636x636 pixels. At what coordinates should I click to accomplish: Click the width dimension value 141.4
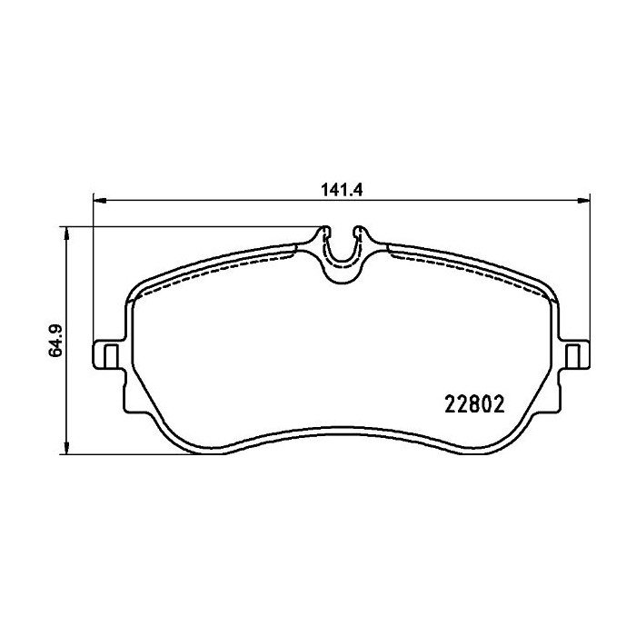click(x=342, y=190)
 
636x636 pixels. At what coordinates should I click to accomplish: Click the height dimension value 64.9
click(x=55, y=341)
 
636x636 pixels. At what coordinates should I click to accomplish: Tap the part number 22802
click(x=474, y=404)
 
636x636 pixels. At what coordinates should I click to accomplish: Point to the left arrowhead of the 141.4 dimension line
click(x=100, y=200)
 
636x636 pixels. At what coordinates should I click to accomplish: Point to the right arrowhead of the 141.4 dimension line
click(x=583, y=200)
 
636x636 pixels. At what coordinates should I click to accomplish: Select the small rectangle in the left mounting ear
click(x=111, y=356)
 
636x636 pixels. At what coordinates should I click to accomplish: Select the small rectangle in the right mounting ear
click(x=572, y=356)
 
